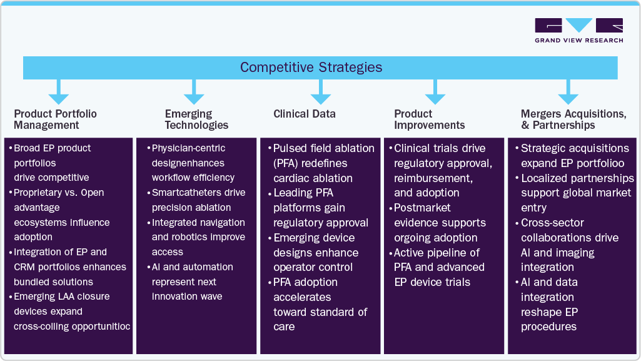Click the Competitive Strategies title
click(x=311, y=68)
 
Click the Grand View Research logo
click(x=578, y=31)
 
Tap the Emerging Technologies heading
click(x=196, y=119)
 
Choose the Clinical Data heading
click(x=305, y=114)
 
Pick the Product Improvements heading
click(x=429, y=119)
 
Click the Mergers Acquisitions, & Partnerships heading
click(x=573, y=119)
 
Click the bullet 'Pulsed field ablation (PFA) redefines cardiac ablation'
click(x=322, y=163)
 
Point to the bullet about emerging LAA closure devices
click(x=70, y=312)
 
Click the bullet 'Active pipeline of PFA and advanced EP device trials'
click(x=438, y=268)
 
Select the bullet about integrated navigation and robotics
click(x=197, y=237)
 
